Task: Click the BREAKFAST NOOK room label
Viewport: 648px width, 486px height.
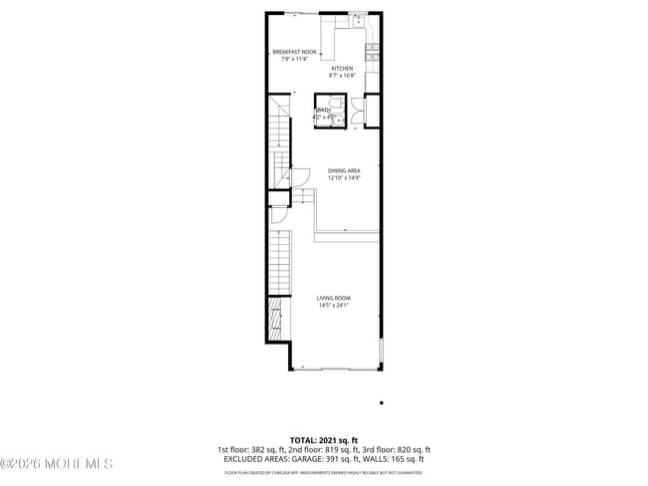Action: point(295,51)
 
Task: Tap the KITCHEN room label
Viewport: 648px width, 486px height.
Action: point(342,68)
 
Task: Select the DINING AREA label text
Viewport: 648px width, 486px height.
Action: point(344,170)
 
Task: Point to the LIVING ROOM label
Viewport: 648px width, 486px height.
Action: point(334,298)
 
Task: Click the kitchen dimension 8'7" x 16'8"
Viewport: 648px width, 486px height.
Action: point(342,76)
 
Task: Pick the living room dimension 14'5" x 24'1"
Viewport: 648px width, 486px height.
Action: point(334,306)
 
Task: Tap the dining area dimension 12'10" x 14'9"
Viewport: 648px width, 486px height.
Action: point(344,177)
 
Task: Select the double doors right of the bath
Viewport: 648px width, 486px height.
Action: point(371,111)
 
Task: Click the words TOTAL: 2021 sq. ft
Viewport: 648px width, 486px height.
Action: point(324,439)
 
